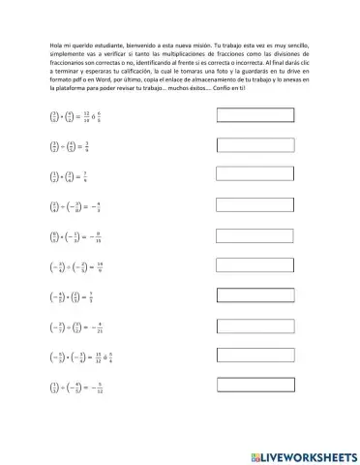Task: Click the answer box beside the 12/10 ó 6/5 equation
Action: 255,116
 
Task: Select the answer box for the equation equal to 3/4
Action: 255,146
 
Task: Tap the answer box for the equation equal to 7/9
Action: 255,176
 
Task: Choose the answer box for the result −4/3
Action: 255,206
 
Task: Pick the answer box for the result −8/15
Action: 255,236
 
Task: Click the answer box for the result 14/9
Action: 255,266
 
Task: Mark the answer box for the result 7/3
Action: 255,296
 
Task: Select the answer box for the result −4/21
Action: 255,326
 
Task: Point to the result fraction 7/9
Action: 87,176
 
